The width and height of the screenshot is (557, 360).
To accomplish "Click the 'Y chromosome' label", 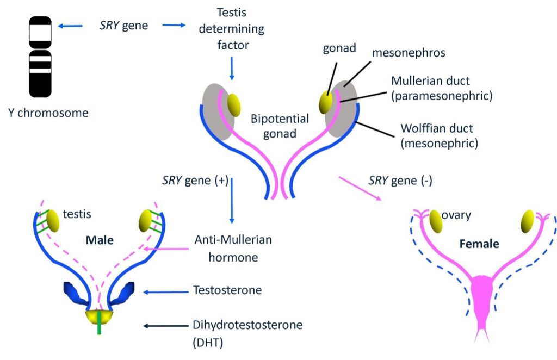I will [x=49, y=113].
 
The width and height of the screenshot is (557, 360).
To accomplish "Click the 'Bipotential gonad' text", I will [x=280, y=126].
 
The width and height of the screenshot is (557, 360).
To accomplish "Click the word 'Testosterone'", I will [x=227, y=290].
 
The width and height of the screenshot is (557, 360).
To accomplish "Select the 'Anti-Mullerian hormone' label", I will [x=232, y=247].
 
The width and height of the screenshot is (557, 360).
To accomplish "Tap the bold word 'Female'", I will [x=479, y=244].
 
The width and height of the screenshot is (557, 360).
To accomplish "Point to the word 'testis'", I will [x=77, y=214].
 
